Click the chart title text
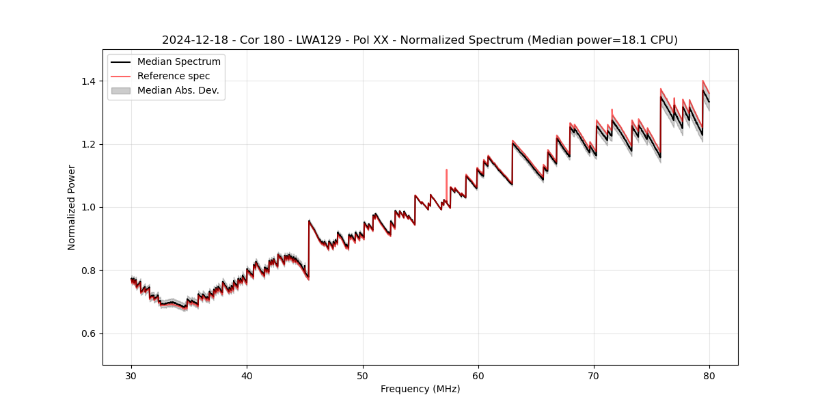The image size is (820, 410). pos(420,40)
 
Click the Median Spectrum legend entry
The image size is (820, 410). pos(178,62)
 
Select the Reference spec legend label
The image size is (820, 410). pos(174,76)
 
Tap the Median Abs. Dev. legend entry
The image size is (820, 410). pos(178,90)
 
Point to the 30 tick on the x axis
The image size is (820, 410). pos(132,375)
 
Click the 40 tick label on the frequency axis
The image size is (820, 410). pos(247,375)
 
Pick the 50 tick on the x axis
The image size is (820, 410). pos(363,375)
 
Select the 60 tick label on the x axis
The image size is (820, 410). pos(478,375)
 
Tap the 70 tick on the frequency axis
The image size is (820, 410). pos(594,375)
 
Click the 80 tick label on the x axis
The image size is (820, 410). pos(709,375)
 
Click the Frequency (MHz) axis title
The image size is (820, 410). pos(420,389)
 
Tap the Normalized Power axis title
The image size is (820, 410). pos(72,207)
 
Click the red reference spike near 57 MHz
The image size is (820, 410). pos(446,172)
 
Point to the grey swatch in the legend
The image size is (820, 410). pos(120,90)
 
